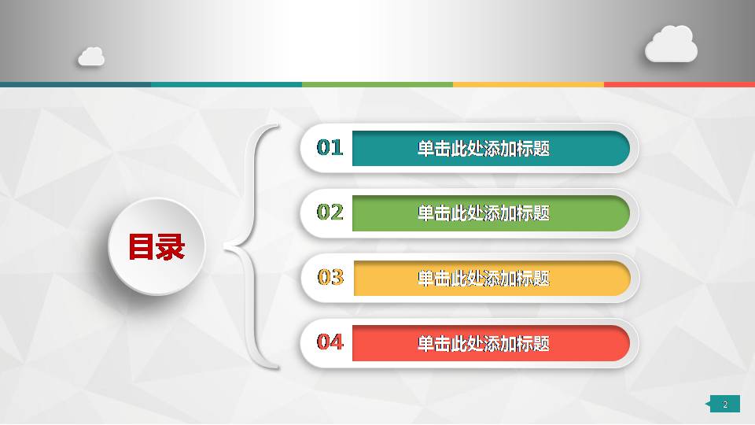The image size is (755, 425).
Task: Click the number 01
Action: [x=330, y=147]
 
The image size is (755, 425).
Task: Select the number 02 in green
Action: [x=330, y=213]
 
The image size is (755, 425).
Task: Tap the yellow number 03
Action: [x=330, y=277]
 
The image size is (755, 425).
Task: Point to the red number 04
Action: [x=330, y=342]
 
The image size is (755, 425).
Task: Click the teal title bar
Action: [x=491, y=148]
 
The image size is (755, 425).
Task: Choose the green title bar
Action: [x=491, y=213]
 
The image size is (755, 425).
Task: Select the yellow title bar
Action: [x=491, y=278]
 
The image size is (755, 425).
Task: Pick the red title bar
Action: [x=491, y=343]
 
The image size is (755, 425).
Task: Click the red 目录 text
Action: [x=157, y=247]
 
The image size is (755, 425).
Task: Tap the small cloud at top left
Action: [x=91, y=57]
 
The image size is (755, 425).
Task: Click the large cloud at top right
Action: [x=671, y=45]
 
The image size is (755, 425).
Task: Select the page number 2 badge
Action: [x=724, y=404]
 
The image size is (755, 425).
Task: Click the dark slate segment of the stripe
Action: [x=75, y=84]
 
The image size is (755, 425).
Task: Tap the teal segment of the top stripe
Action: [x=226, y=84]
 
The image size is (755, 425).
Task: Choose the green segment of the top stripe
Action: [x=377, y=84]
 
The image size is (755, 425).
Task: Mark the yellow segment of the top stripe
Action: [x=528, y=84]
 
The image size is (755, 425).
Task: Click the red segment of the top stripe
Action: [x=679, y=84]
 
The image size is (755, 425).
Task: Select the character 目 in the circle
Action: [x=142, y=247]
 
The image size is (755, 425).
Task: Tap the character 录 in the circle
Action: [x=171, y=247]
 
